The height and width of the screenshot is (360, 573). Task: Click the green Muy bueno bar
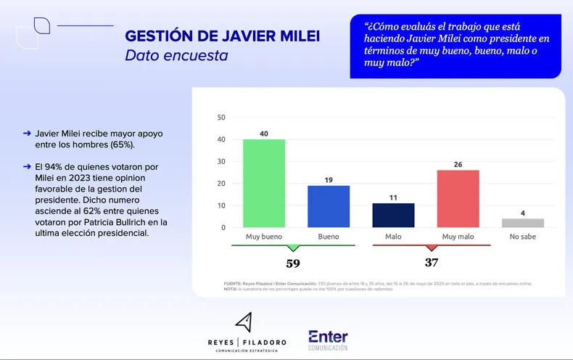tap(263, 184)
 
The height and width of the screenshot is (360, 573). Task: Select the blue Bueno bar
tap(329, 207)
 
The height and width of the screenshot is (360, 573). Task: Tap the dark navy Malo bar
tap(393, 216)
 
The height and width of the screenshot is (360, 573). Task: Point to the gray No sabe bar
tap(523, 223)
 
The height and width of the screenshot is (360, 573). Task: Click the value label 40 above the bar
tap(263, 133)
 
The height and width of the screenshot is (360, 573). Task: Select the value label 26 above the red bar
tap(458, 164)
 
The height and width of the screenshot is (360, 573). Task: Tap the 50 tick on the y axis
tap(221, 118)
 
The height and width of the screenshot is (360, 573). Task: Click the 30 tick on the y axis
tap(221, 162)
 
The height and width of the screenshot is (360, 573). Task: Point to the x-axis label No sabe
tap(523, 237)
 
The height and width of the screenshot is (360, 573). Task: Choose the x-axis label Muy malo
tap(458, 237)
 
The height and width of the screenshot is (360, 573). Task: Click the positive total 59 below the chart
tap(292, 263)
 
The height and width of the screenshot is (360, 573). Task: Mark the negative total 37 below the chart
tap(432, 263)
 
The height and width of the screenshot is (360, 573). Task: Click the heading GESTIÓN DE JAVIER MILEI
tap(223, 36)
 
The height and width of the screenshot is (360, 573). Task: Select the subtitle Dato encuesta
tap(176, 56)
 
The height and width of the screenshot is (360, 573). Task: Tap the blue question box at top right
tap(455, 46)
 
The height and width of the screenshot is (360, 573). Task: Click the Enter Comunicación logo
tap(328, 340)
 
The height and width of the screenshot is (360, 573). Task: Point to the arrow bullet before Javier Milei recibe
tap(27, 134)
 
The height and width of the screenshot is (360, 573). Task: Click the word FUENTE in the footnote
tap(234, 283)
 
